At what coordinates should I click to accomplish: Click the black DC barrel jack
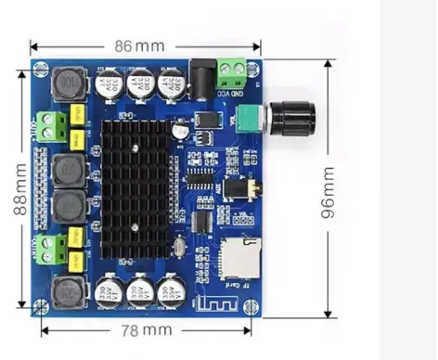(201, 74)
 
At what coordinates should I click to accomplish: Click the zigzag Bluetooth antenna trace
(214, 301)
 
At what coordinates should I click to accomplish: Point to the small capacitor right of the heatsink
(179, 135)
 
